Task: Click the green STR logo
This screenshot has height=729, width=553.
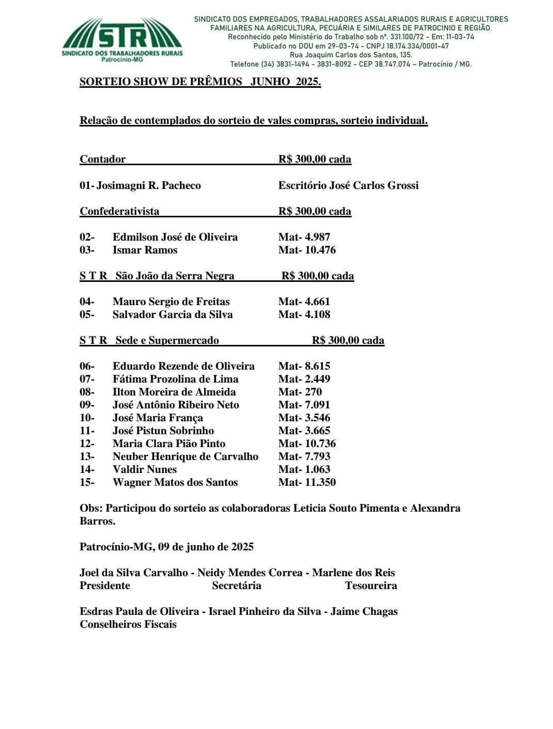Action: tap(122, 39)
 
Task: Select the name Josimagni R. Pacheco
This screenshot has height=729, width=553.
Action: tap(148, 185)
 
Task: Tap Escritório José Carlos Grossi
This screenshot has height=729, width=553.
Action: tap(348, 185)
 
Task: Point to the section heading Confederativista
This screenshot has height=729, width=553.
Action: tap(119, 211)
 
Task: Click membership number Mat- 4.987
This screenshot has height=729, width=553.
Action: tap(304, 237)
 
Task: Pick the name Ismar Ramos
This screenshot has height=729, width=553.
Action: tap(145, 250)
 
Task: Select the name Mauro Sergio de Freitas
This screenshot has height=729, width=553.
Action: tap(171, 302)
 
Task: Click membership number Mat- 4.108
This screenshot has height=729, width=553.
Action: tap(304, 314)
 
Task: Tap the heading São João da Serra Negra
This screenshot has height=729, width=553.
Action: tap(175, 276)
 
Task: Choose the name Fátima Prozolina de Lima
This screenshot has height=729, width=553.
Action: tap(175, 379)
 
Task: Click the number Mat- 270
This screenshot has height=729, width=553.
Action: tap(299, 392)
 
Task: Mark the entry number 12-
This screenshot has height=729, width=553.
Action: tap(87, 443)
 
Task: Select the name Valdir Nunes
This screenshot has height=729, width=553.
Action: tap(145, 469)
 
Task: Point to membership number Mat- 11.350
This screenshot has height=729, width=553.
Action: tap(307, 482)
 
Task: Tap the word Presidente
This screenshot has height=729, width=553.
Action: tap(104, 585)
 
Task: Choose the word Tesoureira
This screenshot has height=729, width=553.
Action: tap(371, 585)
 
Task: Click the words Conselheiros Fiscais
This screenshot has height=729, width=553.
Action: tap(128, 624)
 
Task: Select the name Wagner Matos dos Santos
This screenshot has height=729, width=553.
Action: tap(175, 482)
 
